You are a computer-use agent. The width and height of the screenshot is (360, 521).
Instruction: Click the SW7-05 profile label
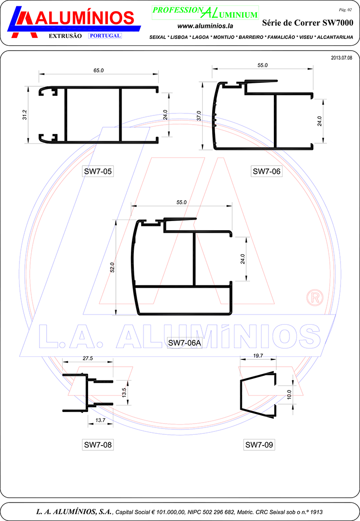(98, 171)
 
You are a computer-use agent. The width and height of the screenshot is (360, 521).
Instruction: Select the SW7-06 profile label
(267, 171)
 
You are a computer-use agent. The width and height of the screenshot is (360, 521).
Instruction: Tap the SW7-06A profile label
(185, 343)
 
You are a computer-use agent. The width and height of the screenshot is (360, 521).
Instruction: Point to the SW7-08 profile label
(98, 445)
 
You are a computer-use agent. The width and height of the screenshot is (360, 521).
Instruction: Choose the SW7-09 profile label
(259, 445)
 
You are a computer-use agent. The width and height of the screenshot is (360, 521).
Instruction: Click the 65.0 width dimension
(98, 71)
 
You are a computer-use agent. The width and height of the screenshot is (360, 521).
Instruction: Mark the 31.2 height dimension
(25, 115)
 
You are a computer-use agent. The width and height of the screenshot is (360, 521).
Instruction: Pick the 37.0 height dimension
(198, 116)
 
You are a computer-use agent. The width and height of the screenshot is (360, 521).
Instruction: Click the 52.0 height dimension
(112, 267)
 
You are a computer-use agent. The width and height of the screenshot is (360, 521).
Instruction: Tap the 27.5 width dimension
(88, 358)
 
